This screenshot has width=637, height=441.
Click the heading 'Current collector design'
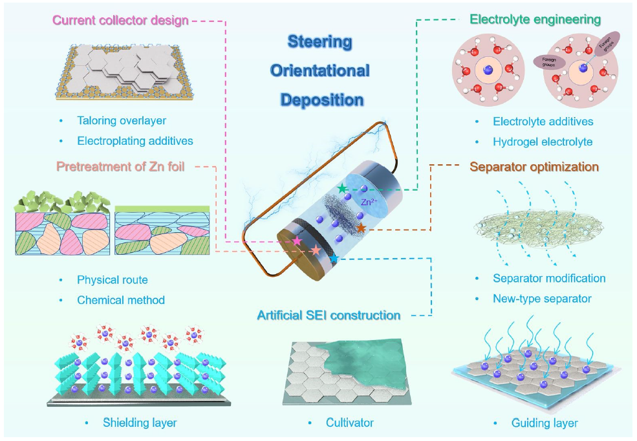(x=121, y=20)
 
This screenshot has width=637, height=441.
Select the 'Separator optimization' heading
(x=534, y=167)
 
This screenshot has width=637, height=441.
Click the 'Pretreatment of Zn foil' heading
(x=120, y=167)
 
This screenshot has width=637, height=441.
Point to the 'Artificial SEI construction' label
(x=329, y=316)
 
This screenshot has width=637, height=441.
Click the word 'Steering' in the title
(x=320, y=42)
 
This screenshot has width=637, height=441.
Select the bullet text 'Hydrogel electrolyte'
(x=543, y=142)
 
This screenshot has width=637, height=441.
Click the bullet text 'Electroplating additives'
(x=135, y=140)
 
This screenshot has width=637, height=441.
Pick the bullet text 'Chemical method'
(x=121, y=299)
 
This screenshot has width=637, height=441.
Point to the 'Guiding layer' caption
(x=545, y=424)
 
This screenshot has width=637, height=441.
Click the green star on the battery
(x=342, y=188)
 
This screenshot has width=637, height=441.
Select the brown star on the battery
(x=361, y=228)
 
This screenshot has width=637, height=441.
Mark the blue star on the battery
(x=334, y=259)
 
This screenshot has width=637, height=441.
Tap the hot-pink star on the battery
(x=297, y=241)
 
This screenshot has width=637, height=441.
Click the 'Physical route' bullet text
(x=113, y=280)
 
